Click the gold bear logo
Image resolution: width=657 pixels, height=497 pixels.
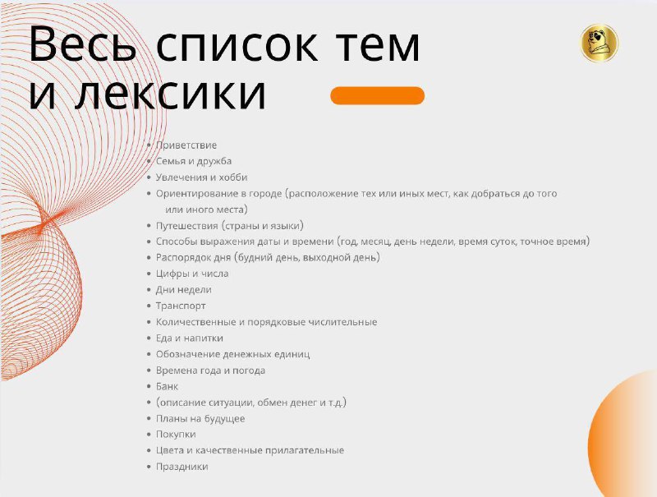point(600,43)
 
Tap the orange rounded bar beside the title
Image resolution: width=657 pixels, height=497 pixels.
point(378,95)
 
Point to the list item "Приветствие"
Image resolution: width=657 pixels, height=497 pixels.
point(186,145)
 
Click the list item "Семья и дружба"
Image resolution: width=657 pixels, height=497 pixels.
point(194,161)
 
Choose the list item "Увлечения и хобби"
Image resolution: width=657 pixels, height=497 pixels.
point(201,177)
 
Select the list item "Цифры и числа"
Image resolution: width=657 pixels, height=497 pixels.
point(192,274)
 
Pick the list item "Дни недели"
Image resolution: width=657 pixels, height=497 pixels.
point(183,289)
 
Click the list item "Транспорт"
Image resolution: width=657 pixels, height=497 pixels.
point(181,306)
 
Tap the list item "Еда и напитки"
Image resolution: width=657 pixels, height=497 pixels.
point(190,338)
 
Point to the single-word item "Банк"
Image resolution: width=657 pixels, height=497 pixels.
point(167,386)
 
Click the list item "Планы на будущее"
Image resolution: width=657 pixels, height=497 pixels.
point(200,419)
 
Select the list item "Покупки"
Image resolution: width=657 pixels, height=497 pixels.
point(176,435)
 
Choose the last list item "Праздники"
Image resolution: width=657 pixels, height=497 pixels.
point(181,467)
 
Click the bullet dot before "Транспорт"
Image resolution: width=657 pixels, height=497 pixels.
point(149,306)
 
